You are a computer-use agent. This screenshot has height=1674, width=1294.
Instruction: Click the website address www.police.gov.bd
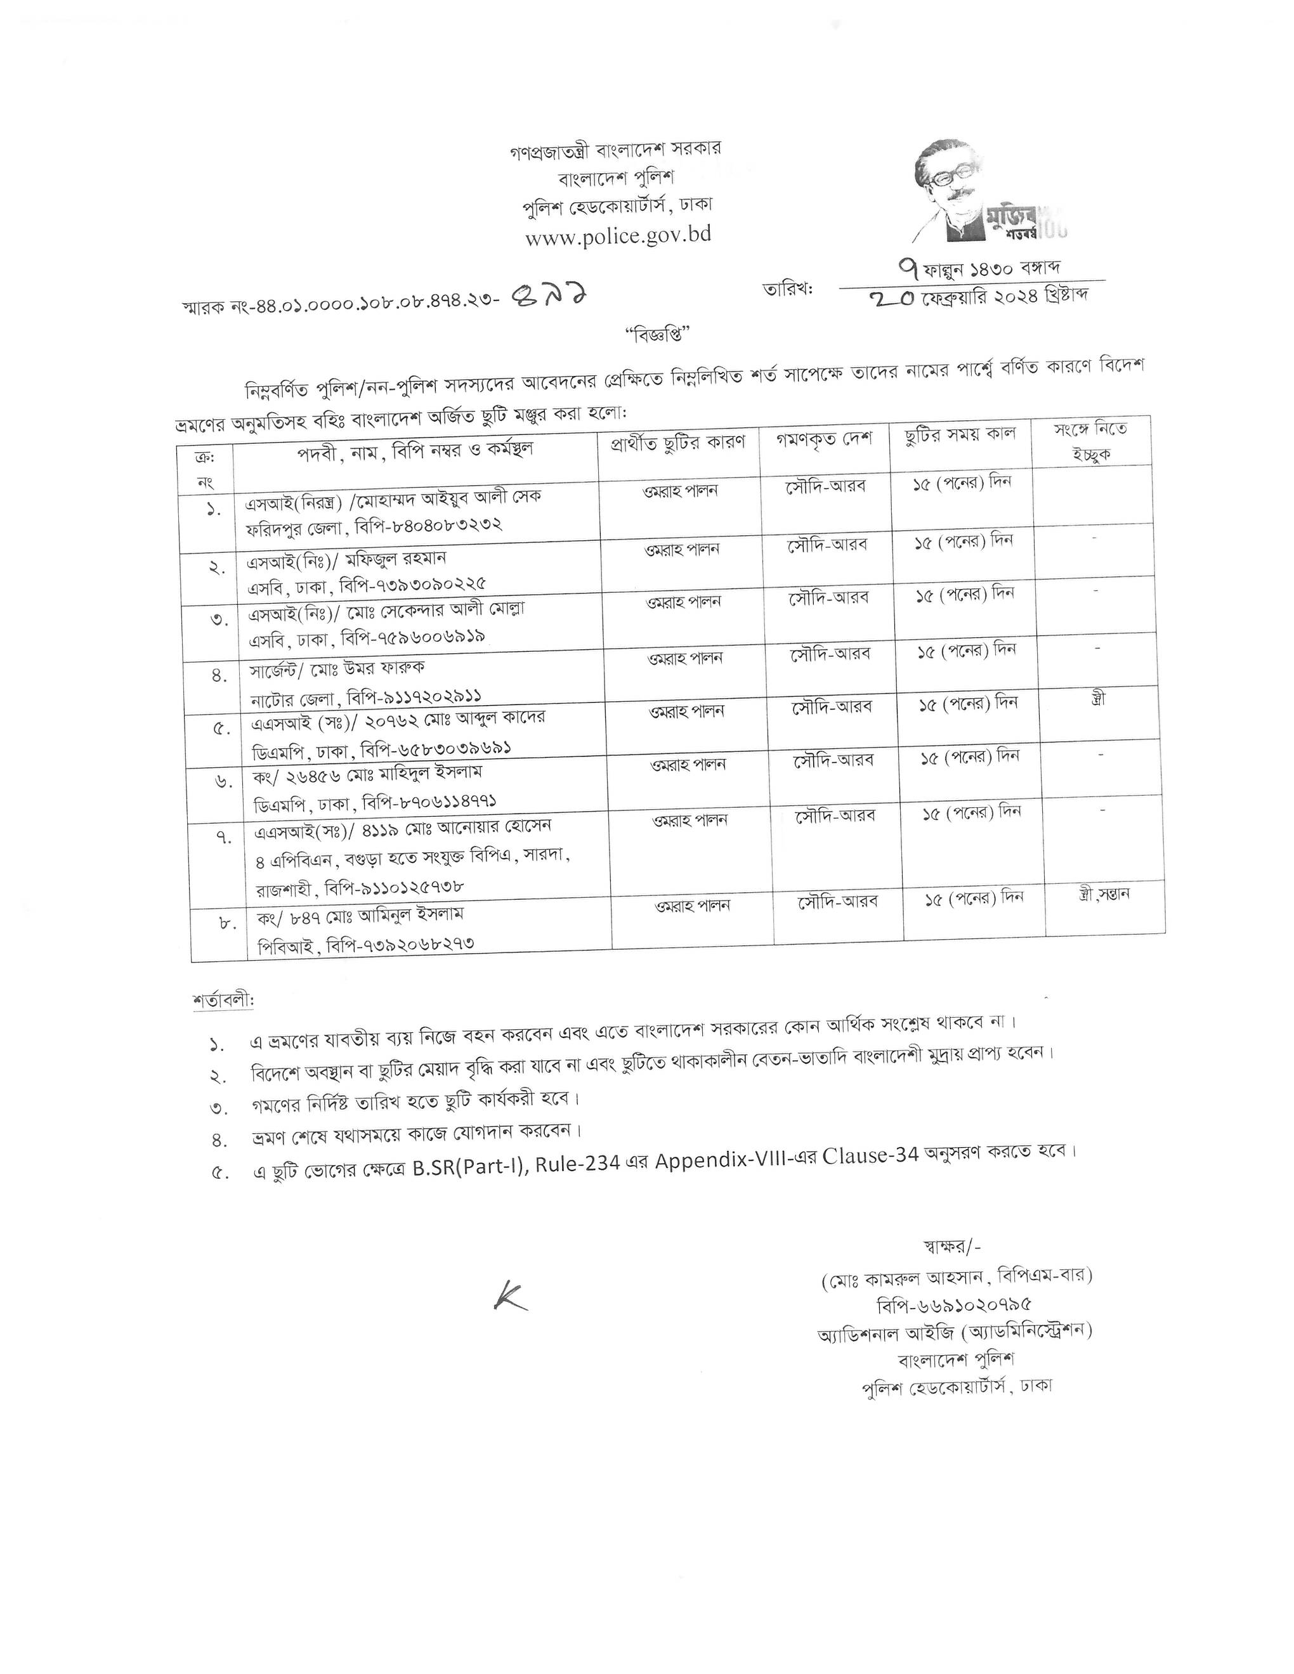coord(618,235)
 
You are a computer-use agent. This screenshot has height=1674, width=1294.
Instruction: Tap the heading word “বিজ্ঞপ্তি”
coord(658,335)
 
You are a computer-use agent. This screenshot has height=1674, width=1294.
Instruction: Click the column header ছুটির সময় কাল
coord(960,434)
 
